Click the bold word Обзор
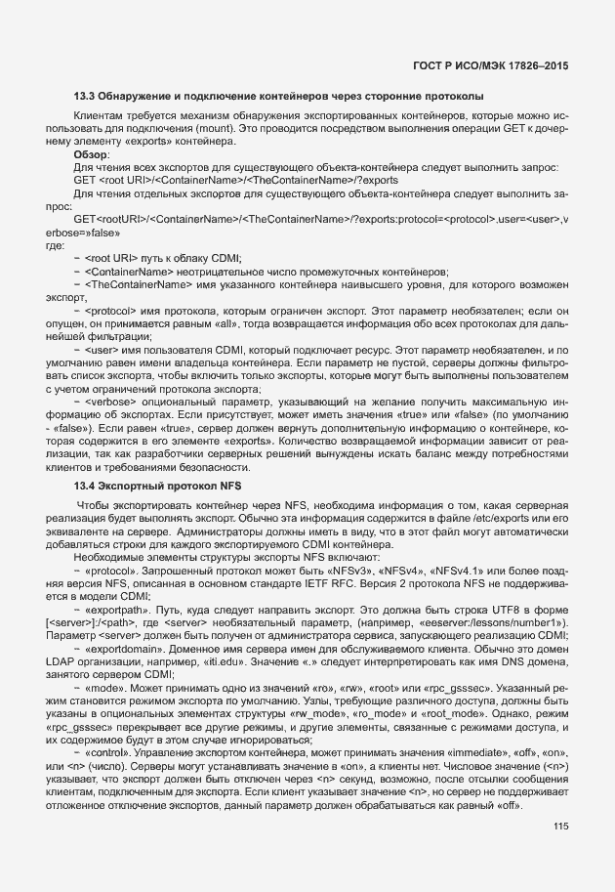(92, 154)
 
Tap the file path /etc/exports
(496, 518)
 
